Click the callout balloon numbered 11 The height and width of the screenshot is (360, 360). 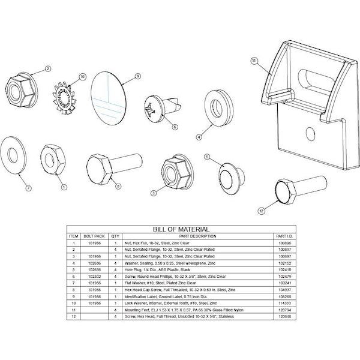click(x=254, y=61)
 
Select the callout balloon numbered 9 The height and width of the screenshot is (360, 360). click(x=137, y=76)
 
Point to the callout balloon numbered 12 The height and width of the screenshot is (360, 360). click(x=261, y=211)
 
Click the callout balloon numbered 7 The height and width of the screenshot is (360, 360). click(x=27, y=188)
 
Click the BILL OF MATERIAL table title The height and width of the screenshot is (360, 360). click(x=181, y=229)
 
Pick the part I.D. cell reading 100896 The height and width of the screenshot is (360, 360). click(x=284, y=242)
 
